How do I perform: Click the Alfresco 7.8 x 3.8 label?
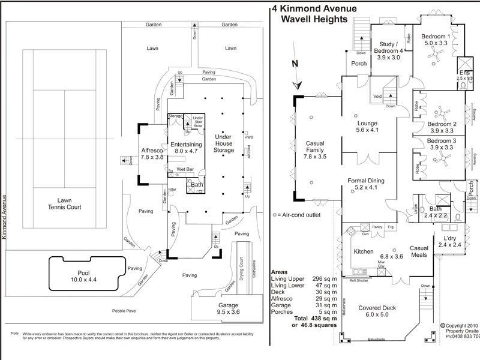click(x=152, y=153)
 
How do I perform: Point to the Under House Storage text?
click(x=223, y=144)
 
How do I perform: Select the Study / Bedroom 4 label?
click(x=391, y=47)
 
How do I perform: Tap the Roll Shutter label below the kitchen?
click(x=361, y=280)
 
